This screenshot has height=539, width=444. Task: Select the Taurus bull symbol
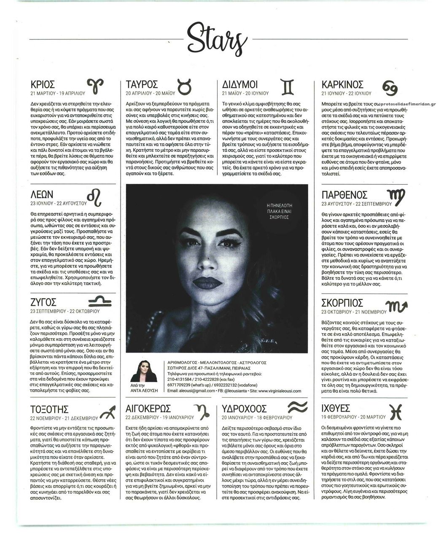coord(184,86)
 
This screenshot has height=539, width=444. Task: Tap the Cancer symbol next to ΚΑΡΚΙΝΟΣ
coord(390,87)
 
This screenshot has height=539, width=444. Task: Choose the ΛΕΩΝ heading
coord(42,194)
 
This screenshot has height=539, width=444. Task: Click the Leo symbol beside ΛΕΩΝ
coord(94,195)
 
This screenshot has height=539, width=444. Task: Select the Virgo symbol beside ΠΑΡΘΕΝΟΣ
coord(395,195)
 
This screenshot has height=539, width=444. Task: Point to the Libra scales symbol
coord(100,301)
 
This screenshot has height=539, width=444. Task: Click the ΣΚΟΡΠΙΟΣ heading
coord(342,303)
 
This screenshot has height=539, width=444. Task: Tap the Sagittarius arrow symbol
coord(108,410)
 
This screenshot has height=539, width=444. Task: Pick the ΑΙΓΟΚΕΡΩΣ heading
coord(148,409)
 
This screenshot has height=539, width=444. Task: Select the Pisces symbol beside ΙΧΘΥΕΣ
coord(397,411)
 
